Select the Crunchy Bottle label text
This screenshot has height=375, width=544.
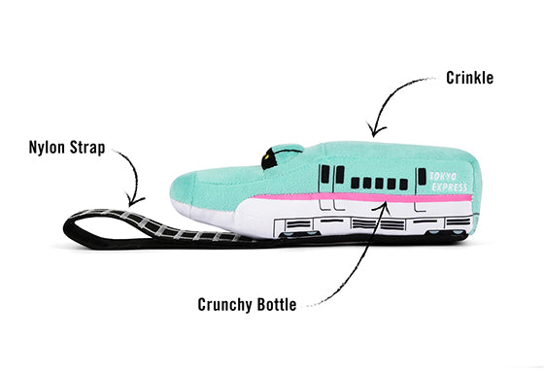251,304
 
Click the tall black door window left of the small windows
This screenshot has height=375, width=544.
326,176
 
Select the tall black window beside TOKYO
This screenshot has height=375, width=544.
422,178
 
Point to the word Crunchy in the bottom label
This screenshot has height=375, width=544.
225,304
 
